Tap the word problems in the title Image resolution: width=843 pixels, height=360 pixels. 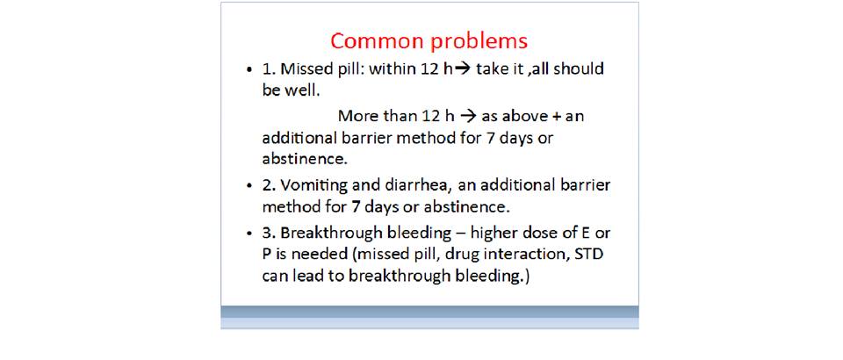tap(476, 42)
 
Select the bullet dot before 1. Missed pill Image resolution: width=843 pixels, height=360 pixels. tap(249, 70)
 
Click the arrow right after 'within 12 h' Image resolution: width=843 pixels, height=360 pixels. tap(463, 69)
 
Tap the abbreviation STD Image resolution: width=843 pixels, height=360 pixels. tap(589, 254)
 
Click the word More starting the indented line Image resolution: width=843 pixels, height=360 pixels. tap(355, 116)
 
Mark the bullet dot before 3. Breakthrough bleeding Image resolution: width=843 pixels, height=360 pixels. tap(249, 234)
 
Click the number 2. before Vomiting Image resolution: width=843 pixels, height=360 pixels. tap(269, 185)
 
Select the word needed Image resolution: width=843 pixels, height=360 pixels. tap(322, 254)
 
